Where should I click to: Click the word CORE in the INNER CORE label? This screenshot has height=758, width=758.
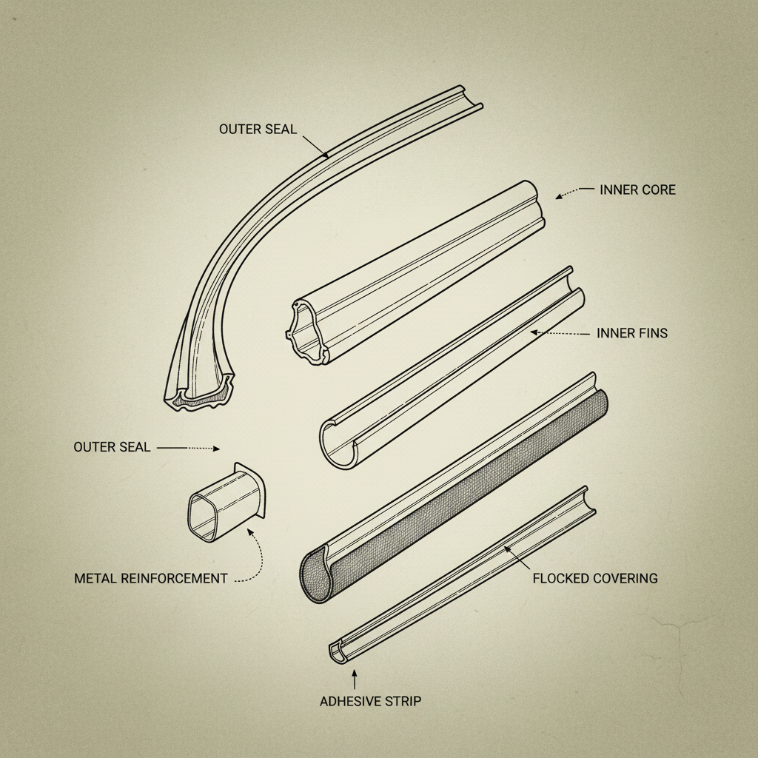(x=658, y=190)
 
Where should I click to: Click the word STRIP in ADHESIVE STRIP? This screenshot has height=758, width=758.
(x=403, y=700)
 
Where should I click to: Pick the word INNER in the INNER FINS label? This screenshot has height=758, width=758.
(x=614, y=333)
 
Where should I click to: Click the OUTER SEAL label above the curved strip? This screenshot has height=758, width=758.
(x=258, y=129)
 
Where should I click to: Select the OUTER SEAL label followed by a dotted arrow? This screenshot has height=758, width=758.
(x=112, y=447)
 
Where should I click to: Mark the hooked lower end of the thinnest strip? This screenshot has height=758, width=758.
(x=338, y=651)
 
